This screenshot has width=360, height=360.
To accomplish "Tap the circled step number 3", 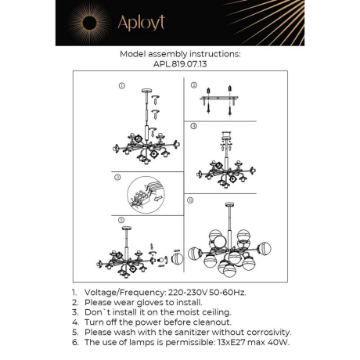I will pos(119,178).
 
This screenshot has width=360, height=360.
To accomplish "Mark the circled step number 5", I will pos(121,221).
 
